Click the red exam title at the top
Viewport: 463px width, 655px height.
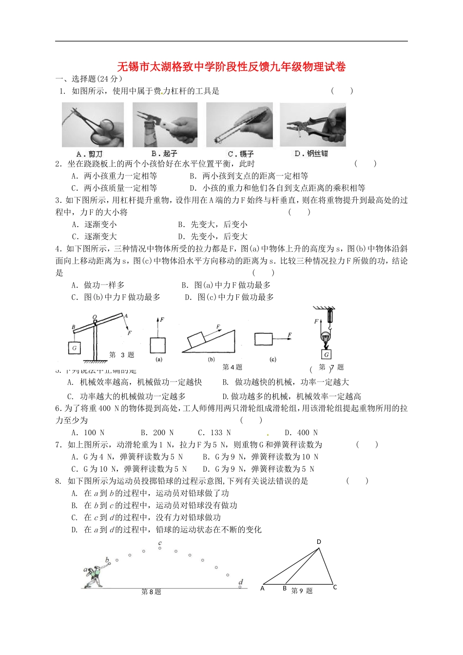click(231, 67)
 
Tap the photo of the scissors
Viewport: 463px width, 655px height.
click(93, 125)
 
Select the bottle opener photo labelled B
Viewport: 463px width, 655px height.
click(165, 125)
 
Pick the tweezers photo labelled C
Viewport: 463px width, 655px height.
click(239, 125)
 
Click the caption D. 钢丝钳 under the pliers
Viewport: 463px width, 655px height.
click(311, 154)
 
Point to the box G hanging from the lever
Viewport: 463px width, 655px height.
click(74, 348)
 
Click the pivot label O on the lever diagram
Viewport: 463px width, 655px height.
click(95, 317)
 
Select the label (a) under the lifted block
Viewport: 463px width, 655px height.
click(158, 360)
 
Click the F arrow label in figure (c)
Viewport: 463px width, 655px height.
click(289, 335)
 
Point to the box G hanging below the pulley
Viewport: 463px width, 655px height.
click(327, 354)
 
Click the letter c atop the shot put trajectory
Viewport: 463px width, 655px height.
click(160, 543)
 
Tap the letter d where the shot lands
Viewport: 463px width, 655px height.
click(241, 582)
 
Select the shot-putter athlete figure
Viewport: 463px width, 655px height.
click(95, 575)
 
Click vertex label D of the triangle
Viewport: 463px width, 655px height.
click(319, 541)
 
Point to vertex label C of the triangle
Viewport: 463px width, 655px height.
click(335, 587)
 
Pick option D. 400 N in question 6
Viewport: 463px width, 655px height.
click(301, 433)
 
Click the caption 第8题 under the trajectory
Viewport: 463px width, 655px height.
click(151, 592)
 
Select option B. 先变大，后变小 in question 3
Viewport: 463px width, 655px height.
click(213, 225)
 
